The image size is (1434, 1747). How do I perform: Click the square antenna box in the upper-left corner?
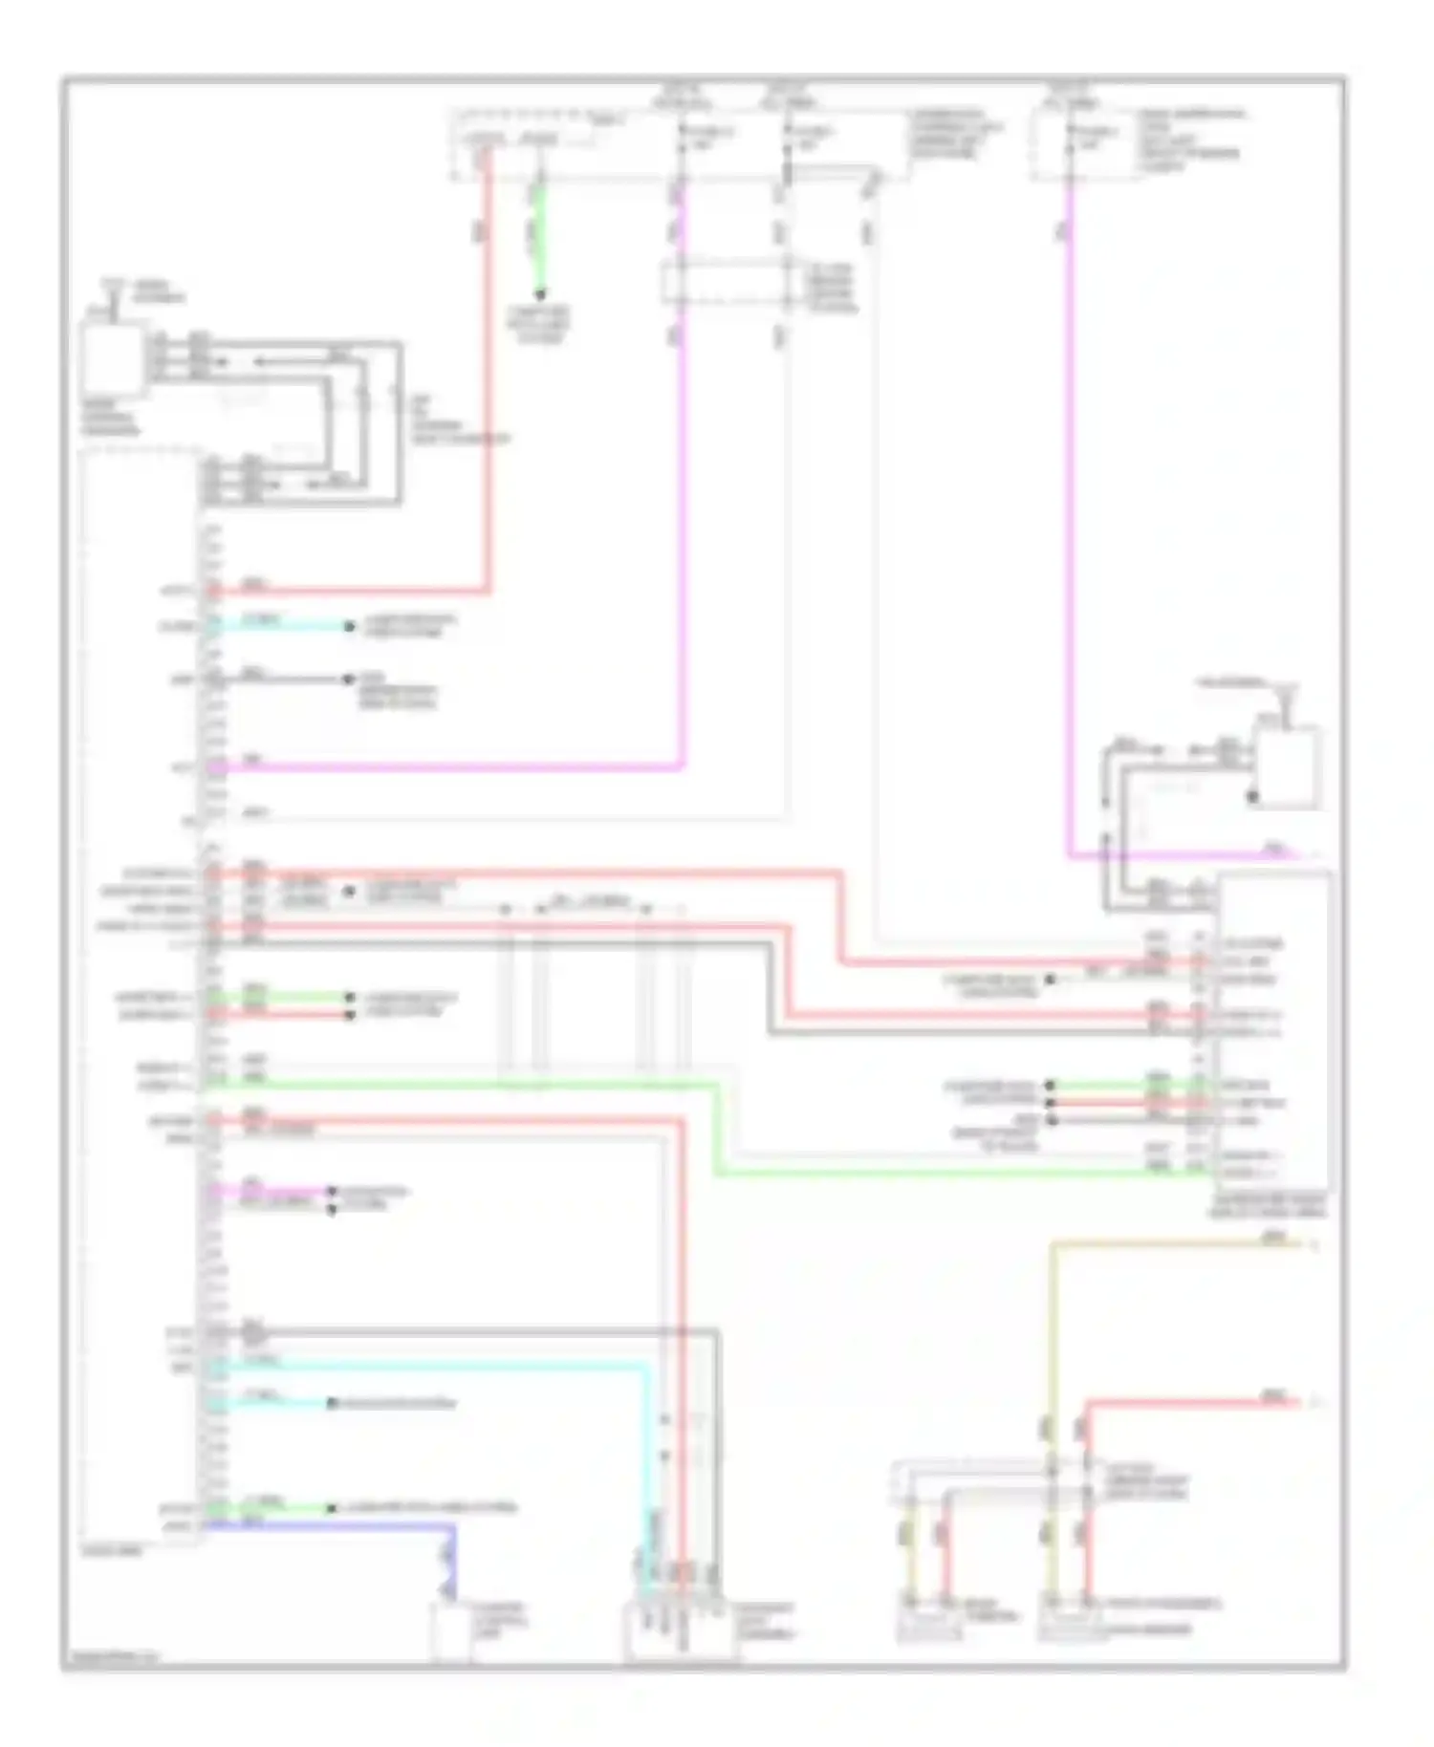pos(114,359)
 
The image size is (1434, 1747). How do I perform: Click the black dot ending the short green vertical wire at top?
pos(540,294)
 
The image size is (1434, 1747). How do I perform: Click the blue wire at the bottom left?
pos(325,1526)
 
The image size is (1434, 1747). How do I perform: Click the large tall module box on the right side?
pos(1271,1032)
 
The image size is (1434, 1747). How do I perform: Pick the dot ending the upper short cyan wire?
pos(351,627)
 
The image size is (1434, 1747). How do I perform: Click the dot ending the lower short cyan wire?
pos(332,1403)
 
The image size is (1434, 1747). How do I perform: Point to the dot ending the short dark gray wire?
pos(349,679)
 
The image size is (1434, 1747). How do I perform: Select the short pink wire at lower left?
pos(268,1192)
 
